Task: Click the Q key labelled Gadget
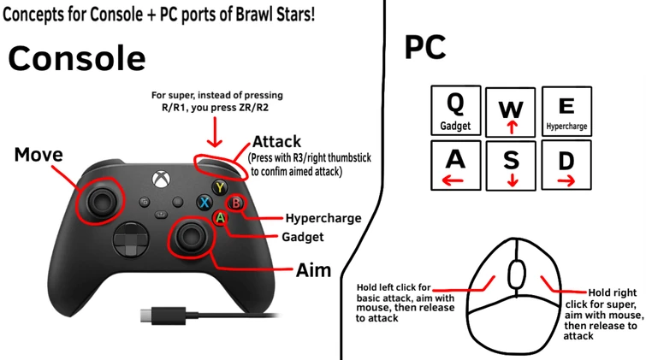pyautogui.click(x=456, y=110)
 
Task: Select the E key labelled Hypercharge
pyautogui.click(x=566, y=112)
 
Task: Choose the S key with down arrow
pyautogui.click(x=511, y=165)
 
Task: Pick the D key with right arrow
pyautogui.click(x=566, y=165)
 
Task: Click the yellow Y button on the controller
pyautogui.click(x=221, y=187)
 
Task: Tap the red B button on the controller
pyautogui.click(x=237, y=204)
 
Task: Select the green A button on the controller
pyautogui.click(x=220, y=219)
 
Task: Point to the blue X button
pyautogui.click(x=204, y=204)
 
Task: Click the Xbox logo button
pyautogui.click(x=159, y=180)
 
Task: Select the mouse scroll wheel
pyautogui.click(x=517, y=274)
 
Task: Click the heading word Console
pyautogui.click(x=77, y=58)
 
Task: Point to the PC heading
pyautogui.click(x=425, y=48)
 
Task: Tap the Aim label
pyautogui.click(x=313, y=270)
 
